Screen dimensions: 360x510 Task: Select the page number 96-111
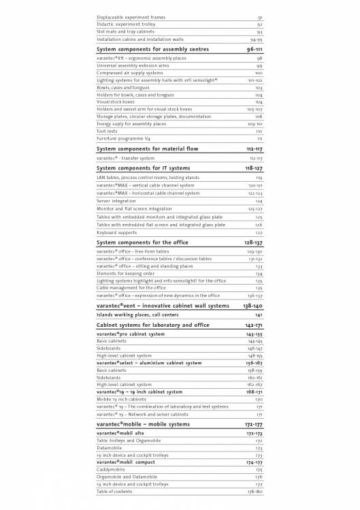point(255,50)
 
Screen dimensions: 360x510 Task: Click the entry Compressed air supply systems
point(129,73)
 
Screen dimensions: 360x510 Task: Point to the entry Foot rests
point(108,131)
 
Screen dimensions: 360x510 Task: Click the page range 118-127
point(254,168)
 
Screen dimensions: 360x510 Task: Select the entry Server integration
point(116,201)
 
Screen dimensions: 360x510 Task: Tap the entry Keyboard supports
point(116,233)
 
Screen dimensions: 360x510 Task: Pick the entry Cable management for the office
point(131,288)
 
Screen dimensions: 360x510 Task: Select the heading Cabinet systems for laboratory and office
point(153,325)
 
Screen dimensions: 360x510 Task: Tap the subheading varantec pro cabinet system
point(131,334)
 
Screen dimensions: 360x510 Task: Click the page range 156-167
point(254,363)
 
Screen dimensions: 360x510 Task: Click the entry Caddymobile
point(112,470)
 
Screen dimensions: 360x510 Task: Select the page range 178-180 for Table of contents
point(255,491)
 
